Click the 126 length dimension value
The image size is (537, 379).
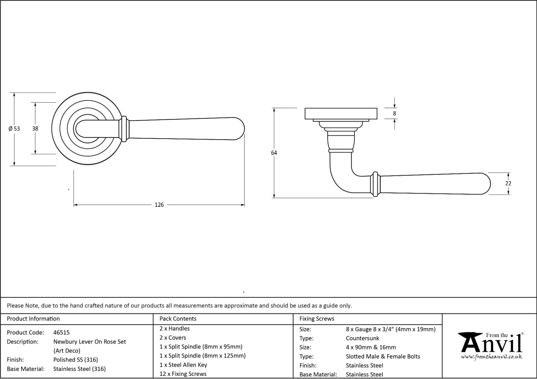[159, 205]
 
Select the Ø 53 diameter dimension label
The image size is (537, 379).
[14, 129]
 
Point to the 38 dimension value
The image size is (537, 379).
[35, 129]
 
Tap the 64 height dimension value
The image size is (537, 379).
[274, 153]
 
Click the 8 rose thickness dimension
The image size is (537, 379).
[394, 113]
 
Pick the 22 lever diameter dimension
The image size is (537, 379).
[508, 183]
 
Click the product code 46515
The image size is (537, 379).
[61, 332]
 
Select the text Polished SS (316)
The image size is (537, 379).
[76, 360]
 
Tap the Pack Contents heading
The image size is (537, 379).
[178, 319]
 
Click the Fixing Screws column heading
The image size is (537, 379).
[317, 319]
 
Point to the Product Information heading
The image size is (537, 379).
[33, 319]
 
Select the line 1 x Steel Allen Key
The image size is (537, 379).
[183, 365]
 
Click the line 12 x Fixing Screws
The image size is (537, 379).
[183, 374]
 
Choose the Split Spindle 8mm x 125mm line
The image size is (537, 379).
[202, 356]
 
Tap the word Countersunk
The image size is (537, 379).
[362, 338]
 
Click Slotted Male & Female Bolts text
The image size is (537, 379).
[383, 357]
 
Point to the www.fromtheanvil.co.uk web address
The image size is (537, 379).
[491, 357]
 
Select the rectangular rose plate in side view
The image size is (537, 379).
[341, 114]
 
